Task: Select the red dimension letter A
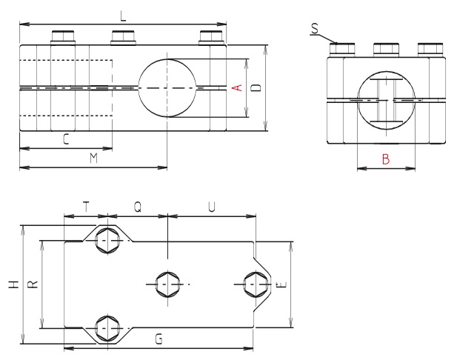pos(236,88)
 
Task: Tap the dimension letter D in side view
pos(256,88)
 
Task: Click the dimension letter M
pos(93,158)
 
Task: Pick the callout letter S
pos(315,27)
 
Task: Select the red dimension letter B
pos(385,158)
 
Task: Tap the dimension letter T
pos(86,208)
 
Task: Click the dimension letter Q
pos(139,208)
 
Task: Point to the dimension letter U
pos(212,208)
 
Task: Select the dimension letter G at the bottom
pos(160,339)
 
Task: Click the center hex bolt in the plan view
pos(168,284)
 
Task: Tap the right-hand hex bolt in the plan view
pos(256,284)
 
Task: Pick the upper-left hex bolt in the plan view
pos(108,241)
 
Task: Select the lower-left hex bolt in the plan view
pos(108,327)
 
